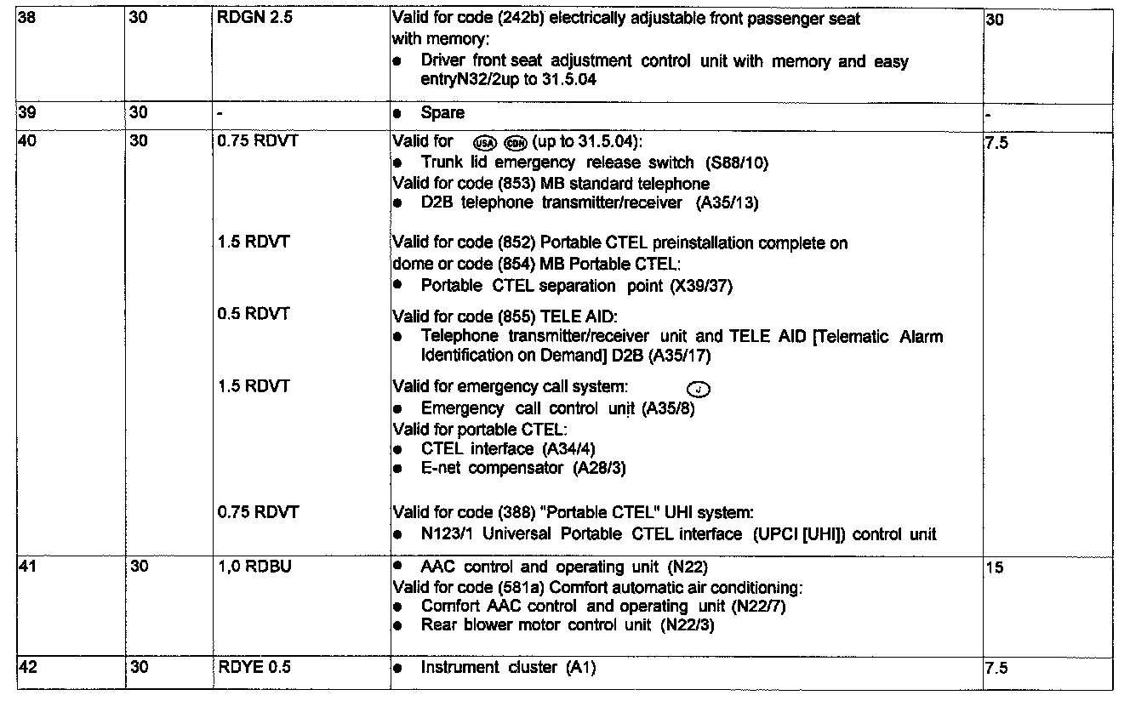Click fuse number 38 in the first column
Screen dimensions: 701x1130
point(26,20)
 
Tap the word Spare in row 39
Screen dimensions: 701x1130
point(442,113)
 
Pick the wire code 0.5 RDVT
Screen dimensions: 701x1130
point(254,315)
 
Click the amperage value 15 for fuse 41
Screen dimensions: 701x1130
point(995,568)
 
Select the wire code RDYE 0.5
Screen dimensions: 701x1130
point(254,668)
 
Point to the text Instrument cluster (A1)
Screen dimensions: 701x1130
point(508,668)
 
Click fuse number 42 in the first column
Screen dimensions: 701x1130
point(26,668)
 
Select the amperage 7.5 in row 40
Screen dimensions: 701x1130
point(996,143)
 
